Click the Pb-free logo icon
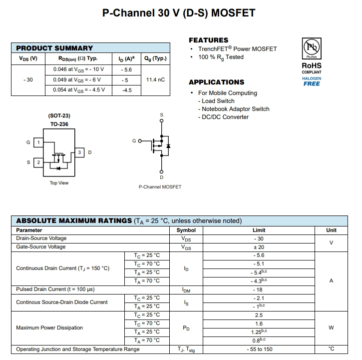tap(312, 49)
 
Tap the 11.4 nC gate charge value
tap(155, 79)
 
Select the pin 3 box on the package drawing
tap(79, 152)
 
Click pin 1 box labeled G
tap(38, 142)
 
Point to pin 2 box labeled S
tap(38, 162)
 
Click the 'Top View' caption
tap(59, 183)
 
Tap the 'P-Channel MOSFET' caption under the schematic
tap(160, 187)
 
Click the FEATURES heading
tap(208, 40)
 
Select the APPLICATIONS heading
tap(216, 82)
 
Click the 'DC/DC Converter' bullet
tap(225, 117)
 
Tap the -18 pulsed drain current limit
tap(259, 289)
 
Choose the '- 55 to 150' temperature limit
tap(259, 349)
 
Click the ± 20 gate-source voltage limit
tap(259, 247)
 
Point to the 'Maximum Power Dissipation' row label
tap(49, 328)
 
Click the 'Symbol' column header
tap(186, 230)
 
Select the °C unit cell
tap(331, 349)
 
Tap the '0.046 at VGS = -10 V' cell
tap(78, 69)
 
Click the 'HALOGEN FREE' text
tap(312, 81)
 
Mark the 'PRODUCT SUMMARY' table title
tap(54, 48)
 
